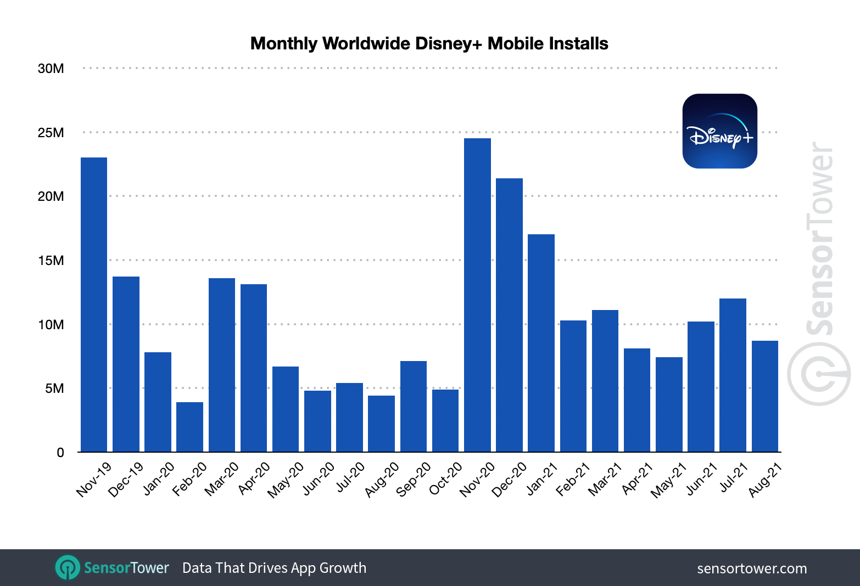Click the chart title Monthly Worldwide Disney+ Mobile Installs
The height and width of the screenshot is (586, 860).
[x=429, y=43]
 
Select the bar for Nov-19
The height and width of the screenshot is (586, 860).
[x=94, y=305]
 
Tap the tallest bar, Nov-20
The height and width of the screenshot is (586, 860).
[x=477, y=295]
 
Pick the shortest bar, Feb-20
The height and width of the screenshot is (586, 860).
[x=189, y=427]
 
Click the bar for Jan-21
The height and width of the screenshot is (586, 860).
[x=541, y=343]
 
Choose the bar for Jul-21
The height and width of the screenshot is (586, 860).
[x=733, y=375]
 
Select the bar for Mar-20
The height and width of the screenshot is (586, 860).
[x=222, y=365]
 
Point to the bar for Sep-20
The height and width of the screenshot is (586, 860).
[x=414, y=406]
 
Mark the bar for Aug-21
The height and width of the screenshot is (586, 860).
[x=764, y=396]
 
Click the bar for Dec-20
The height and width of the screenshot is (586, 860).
[x=509, y=315]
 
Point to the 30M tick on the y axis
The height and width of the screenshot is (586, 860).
[x=51, y=69]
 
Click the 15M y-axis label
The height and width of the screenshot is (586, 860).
[x=51, y=261]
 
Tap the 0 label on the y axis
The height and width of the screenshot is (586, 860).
[x=60, y=453]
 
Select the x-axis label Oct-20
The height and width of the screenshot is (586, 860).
[x=446, y=478]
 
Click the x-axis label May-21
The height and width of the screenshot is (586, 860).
[x=669, y=480]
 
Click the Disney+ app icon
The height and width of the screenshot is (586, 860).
[x=719, y=131]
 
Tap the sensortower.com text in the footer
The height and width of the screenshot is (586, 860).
[x=752, y=568]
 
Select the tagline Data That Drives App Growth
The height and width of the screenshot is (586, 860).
[x=274, y=568]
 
